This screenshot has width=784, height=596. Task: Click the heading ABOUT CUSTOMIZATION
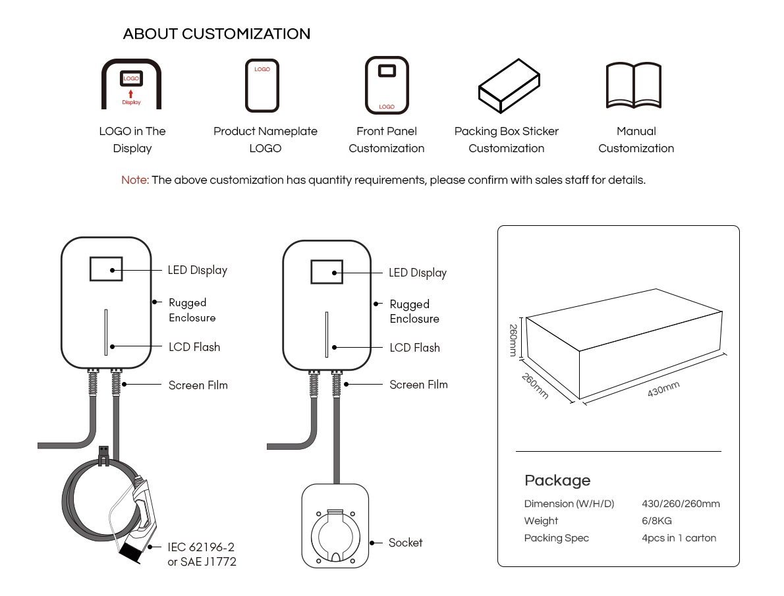click(x=216, y=34)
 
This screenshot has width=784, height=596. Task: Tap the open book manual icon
click(x=633, y=85)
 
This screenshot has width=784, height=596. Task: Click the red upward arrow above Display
click(x=131, y=93)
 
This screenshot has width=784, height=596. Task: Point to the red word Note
click(x=135, y=180)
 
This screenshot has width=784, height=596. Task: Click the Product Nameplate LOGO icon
click(x=262, y=86)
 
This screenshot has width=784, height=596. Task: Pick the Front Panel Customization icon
click(x=387, y=86)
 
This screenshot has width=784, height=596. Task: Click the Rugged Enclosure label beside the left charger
click(x=192, y=310)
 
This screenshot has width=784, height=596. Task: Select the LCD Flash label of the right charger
click(x=414, y=348)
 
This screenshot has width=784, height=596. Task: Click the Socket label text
click(x=405, y=543)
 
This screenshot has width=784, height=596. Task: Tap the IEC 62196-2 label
click(x=201, y=547)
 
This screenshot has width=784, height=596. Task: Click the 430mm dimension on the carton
click(x=663, y=389)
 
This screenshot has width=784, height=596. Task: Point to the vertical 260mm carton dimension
click(x=513, y=340)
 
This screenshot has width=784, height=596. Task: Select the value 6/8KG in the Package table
click(x=657, y=521)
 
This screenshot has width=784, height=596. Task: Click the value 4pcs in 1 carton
click(x=679, y=538)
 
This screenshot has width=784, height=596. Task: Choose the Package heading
click(x=557, y=480)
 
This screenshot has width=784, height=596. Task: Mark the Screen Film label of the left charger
click(x=198, y=385)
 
